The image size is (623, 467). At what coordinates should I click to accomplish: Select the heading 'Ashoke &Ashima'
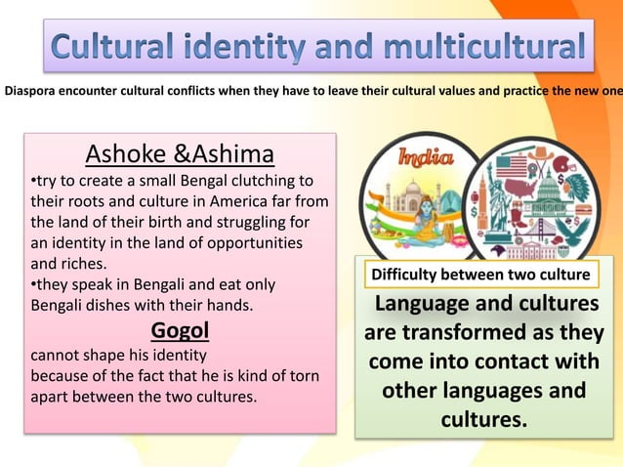click(180, 154)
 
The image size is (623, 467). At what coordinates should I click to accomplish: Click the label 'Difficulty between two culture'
click(478, 274)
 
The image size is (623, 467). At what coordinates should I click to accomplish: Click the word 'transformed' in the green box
click(512, 333)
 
